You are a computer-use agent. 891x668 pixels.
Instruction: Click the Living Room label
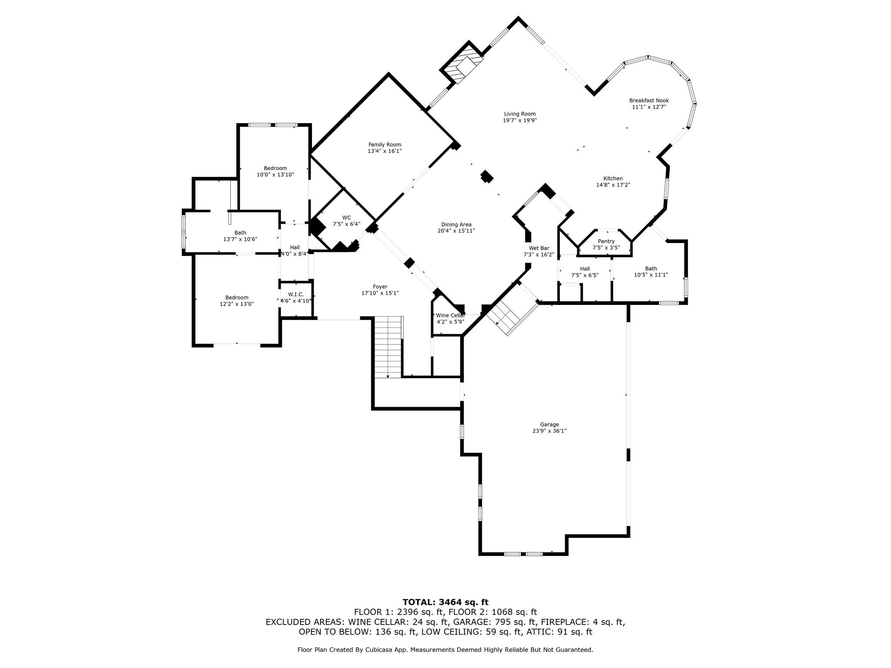519,114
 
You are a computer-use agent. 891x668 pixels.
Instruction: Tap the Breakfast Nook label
649,100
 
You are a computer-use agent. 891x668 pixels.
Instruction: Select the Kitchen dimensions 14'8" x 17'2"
613,185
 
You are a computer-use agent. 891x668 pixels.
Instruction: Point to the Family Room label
385,145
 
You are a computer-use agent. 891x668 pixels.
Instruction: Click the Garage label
549,424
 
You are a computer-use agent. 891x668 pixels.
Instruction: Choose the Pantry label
606,241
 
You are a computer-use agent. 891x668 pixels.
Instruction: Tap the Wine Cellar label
450,315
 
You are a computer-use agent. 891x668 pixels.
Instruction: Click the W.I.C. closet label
296,294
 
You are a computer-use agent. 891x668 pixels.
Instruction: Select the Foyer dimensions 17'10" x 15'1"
380,293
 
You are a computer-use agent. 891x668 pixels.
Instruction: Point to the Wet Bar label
539,248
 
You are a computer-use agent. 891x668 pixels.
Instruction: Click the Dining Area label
456,225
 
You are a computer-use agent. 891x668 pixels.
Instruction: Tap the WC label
346,218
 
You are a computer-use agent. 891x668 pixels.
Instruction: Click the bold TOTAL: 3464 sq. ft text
445,602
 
